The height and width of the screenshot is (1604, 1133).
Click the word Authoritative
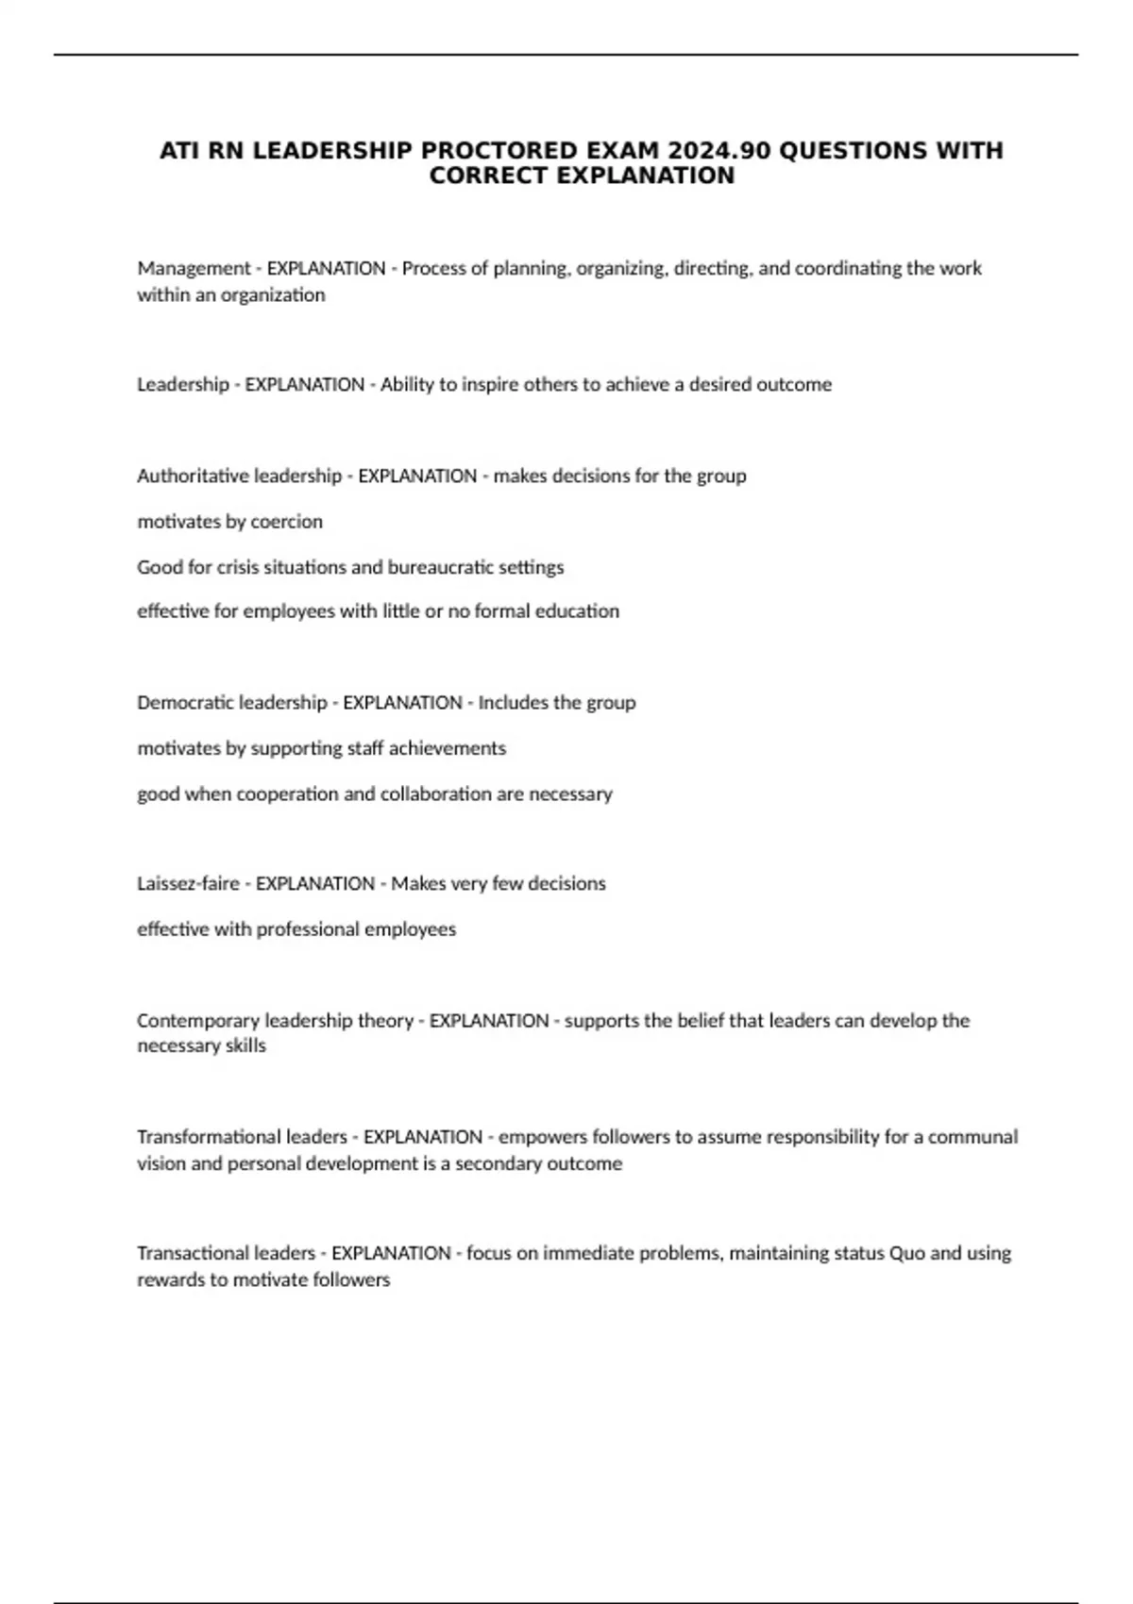click(194, 476)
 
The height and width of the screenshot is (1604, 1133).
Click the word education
click(577, 611)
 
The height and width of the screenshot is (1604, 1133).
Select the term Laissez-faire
click(188, 884)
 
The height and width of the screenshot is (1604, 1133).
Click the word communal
click(972, 1137)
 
